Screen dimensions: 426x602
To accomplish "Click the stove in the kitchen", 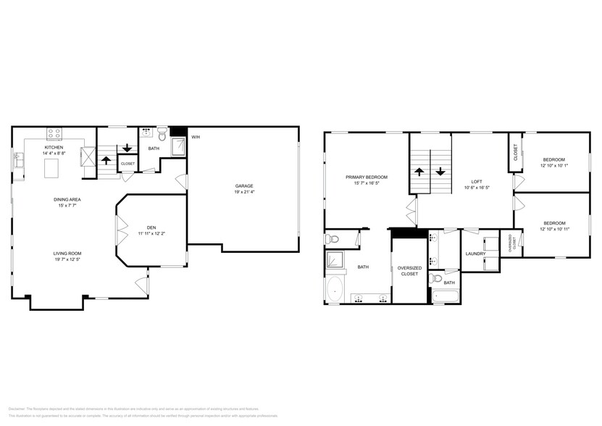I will click(x=55, y=133).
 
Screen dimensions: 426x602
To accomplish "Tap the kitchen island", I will click(x=51, y=169).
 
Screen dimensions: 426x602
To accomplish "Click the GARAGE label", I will click(x=243, y=186).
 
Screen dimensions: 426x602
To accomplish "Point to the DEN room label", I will click(x=151, y=227).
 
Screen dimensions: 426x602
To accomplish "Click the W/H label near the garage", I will click(x=196, y=137).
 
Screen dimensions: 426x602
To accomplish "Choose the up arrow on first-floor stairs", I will click(x=105, y=159).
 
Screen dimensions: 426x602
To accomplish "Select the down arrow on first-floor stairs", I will click(x=127, y=148).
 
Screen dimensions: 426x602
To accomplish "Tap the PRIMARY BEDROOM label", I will click(x=367, y=177).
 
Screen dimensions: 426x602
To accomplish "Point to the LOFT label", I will click(x=477, y=181).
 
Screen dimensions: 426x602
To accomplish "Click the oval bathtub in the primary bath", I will click(x=335, y=291).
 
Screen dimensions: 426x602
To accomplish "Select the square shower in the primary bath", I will click(x=335, y=259).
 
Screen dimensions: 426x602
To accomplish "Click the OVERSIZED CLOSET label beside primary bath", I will click(x=409, y=270).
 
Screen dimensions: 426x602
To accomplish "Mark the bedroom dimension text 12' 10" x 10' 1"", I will click(x=554, y=166).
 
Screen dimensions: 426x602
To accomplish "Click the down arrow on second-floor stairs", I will click(x=440, y=173).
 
